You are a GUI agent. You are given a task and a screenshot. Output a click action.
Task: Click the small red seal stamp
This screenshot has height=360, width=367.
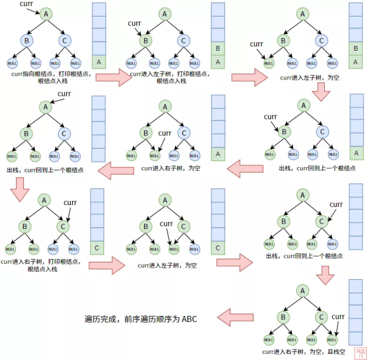click(359, 352)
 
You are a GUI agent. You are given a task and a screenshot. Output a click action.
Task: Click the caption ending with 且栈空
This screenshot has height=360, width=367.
click(303, 351)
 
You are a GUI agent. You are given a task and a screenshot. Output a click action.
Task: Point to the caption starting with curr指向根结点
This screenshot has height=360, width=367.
click(51, 77)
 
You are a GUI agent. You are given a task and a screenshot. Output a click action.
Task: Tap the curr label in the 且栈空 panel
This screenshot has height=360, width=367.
click(338, 317)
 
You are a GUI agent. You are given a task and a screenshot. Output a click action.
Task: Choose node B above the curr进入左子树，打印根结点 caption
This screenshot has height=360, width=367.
click(145, 41)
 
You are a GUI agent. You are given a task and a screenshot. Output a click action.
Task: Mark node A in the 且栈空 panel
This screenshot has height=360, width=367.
click(302, 290)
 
